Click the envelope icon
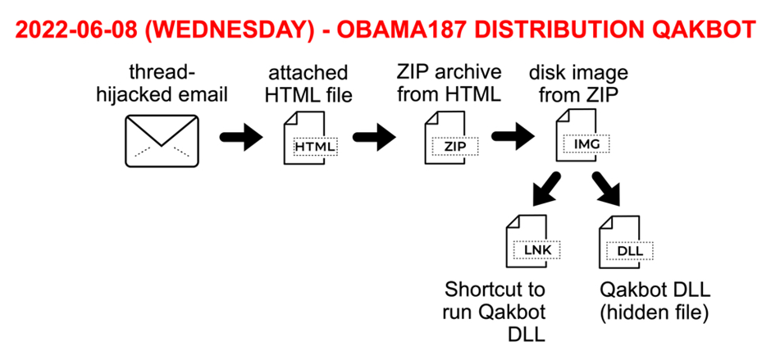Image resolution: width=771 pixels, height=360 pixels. [162, 141]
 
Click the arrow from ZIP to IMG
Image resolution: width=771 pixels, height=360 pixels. [513, 136]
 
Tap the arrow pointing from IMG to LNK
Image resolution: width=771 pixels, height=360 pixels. [545, 189]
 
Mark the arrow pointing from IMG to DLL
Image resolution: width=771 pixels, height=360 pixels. [607, 189]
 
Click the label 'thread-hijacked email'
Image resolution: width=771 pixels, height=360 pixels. [162, 84]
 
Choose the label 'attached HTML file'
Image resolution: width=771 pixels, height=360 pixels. [308, 84]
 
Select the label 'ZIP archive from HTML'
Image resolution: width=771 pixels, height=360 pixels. [449, 83]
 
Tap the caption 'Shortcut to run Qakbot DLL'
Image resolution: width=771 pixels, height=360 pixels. [495, 312]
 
